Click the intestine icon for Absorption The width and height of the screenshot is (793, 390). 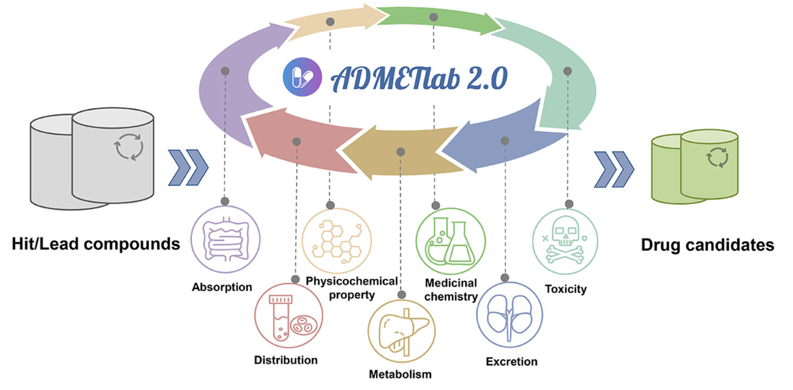(x=225, y=240)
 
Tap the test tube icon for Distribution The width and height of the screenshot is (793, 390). (x=288, y=316)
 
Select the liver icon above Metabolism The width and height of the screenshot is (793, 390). (x=401, y=331)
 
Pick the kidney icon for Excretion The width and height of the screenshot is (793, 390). (x=510, y=315)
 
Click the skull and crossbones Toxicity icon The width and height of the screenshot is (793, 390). (x=565, y=242)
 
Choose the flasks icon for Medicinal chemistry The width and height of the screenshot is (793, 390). (x=450, y=241)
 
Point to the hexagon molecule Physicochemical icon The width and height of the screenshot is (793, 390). (x=337, y=240)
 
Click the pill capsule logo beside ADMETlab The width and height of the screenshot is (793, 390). (x=302, y=77)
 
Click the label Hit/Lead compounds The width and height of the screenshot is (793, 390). (x=96, y=244)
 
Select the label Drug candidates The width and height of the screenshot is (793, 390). (x=707, y=245)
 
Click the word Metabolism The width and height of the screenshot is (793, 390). (x=400, y=374)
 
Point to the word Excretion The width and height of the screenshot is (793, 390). (x=512, y=362)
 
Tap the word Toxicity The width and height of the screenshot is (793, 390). (x=565, y=289)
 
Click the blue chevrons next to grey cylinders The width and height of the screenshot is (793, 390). (x=188, y=168)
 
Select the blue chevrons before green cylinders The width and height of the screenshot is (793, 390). (x=614, y=170)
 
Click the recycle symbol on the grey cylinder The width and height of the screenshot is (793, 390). (x=129, y=146)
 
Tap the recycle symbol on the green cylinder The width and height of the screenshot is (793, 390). (x=717, y=157)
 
